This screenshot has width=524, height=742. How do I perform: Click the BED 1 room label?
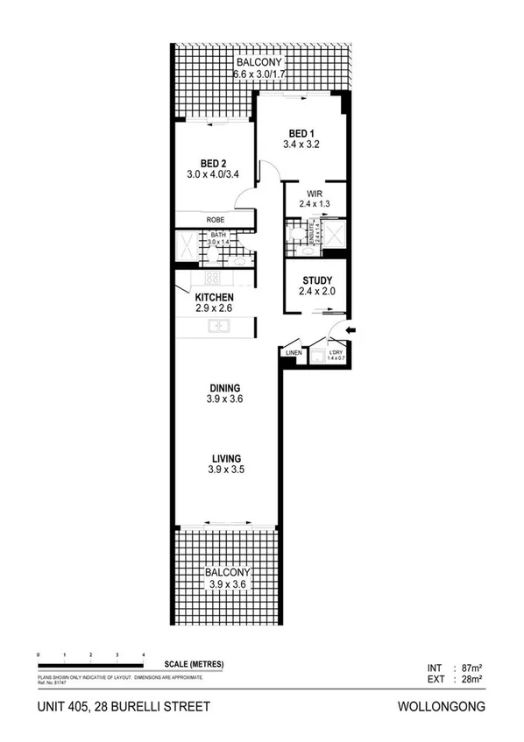[x=301, y=134]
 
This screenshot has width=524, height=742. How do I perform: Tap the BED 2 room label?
[x=214, y=163]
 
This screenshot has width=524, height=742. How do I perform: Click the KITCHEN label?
[x=213, y=298]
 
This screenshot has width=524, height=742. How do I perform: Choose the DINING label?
[x=225, y=387]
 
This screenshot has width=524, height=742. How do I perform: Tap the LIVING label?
[x=225, y=458]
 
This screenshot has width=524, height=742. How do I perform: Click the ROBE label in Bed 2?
[x=216, y=220]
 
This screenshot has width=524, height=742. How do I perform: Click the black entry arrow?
[x=352, y=329]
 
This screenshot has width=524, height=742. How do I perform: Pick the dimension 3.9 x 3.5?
[x=225, y=470]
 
